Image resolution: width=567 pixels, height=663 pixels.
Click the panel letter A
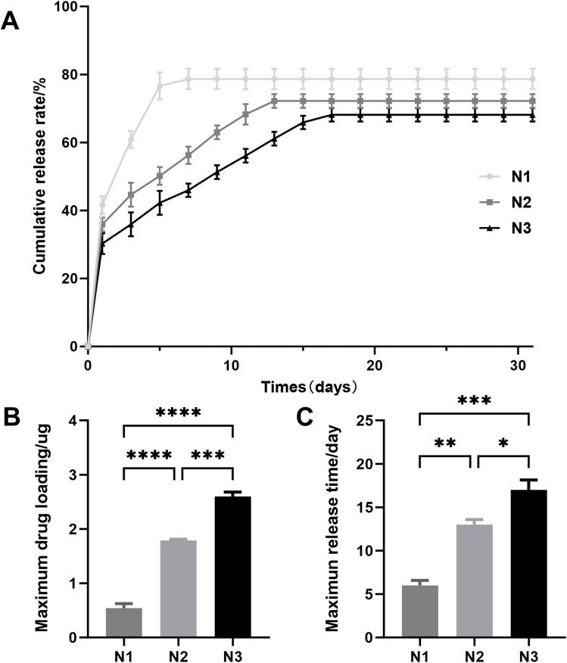[x=11, y=22]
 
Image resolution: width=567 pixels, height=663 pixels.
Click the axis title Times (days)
[x=310, y=386]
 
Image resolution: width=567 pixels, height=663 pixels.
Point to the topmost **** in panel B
[x=178, y=413]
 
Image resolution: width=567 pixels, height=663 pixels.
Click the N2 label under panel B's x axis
[x=179, y=652]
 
